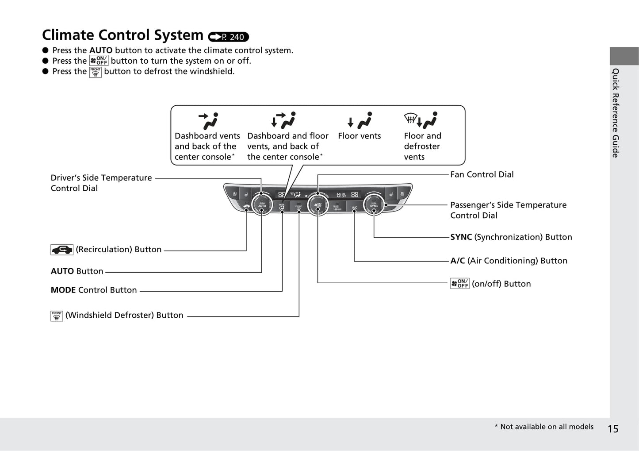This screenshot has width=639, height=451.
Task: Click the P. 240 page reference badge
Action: [229, 37]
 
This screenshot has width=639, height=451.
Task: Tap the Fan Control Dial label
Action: [482, 174]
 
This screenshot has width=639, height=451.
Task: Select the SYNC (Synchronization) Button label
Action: [511, 237]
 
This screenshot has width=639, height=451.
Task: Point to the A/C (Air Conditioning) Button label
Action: [509, 261]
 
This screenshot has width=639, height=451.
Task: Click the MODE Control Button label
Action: [94, 290]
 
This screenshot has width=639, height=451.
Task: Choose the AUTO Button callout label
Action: [77, 271]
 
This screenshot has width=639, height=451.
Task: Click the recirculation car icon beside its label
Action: [62, 250]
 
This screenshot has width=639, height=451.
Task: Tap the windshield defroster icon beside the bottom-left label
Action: [57, 316]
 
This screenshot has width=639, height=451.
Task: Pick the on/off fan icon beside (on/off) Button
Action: [459, 284]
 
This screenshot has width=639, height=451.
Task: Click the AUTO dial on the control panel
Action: [262, 205]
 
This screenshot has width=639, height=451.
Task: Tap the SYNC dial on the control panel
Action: [374, 205]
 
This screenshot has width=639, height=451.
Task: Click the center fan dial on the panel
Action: [318, 205]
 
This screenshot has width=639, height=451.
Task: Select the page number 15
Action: [613, 428]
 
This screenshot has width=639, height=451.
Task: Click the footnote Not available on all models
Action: [544, 427]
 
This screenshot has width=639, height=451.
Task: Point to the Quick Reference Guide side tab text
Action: [615, 113]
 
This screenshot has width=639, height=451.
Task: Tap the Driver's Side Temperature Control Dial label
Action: [101, 183]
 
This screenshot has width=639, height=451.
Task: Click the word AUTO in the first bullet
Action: [101, 50]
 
